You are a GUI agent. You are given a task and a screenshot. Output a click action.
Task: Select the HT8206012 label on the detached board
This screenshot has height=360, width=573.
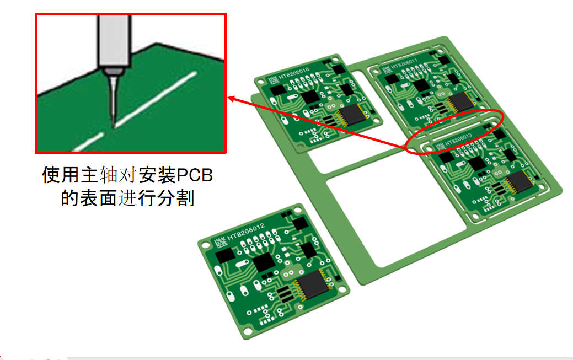coord(246,230)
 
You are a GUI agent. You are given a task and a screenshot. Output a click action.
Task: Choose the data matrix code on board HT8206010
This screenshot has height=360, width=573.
coord(273,80)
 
